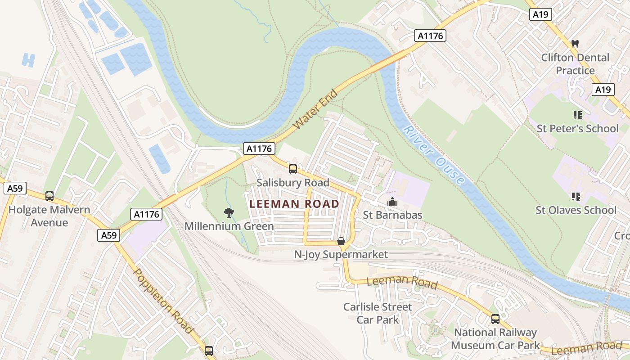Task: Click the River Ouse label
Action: pos(433,155)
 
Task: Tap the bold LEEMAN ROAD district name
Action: pos(294,204)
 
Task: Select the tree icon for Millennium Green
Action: pos(229,213)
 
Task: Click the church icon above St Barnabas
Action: pos(392,202)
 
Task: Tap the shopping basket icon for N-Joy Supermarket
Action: pos(341,242)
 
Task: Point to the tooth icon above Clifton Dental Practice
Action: pos(575,44)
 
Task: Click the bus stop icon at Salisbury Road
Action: pos(293,169)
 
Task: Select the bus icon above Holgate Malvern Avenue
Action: pos(49,196)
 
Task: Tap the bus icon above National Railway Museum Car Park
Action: pos(495,319)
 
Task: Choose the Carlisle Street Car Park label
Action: pos(378,313)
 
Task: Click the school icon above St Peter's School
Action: pos(577,115)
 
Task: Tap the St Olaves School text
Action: pos(576,210)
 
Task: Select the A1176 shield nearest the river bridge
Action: pos(430,36)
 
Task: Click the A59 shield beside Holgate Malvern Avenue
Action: pos(15,188)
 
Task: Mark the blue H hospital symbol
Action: pos(28,60)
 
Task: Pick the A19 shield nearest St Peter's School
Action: pos(603,90)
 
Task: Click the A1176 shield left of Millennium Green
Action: pos(146,214)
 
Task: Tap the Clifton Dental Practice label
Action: pos(575,64)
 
